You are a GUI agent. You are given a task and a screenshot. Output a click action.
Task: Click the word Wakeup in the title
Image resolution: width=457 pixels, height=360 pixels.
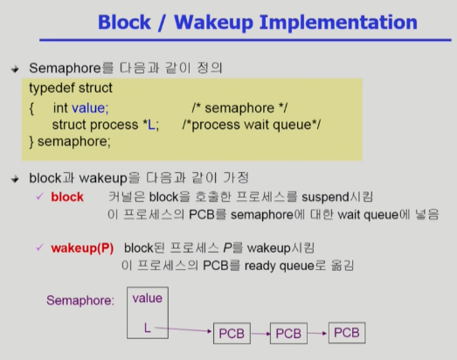213,23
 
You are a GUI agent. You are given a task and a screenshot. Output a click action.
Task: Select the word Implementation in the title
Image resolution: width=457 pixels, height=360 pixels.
338,23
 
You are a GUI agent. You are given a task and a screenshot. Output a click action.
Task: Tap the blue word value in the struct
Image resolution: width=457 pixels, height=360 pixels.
90,108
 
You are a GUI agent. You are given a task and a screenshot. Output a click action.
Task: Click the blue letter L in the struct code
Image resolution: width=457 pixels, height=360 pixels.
151,125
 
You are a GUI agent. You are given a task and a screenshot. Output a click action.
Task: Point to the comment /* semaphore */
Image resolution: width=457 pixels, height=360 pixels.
239,108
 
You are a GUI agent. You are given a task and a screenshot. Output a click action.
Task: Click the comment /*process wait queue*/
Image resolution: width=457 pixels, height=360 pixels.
252,125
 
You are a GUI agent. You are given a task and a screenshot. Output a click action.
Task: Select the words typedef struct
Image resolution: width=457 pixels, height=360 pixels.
71,88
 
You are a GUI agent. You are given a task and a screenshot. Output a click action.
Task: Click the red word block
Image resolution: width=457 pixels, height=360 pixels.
67,197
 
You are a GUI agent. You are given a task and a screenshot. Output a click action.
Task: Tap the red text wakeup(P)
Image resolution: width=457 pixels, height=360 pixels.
82,248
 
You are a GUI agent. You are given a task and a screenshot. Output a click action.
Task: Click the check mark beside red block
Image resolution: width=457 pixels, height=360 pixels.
39,197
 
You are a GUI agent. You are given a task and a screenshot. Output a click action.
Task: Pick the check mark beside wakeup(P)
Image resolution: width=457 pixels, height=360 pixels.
39,247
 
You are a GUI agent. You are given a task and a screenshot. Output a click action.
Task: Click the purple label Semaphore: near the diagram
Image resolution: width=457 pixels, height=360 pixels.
80,301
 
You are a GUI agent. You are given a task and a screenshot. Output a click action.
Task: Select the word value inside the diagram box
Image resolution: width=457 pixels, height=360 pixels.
147,298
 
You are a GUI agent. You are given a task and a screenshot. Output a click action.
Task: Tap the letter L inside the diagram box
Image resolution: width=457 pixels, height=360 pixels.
147,329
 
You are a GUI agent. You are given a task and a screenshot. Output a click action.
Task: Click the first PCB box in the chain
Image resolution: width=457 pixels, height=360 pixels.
232,334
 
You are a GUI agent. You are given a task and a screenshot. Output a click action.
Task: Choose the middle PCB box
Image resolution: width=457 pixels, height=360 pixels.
288,334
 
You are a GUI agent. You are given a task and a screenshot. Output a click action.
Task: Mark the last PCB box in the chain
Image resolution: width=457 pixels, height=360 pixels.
347,333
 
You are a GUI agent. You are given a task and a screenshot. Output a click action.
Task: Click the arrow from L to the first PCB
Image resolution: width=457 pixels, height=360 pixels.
183,329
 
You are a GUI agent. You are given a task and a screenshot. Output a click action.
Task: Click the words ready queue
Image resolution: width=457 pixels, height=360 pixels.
280,266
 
